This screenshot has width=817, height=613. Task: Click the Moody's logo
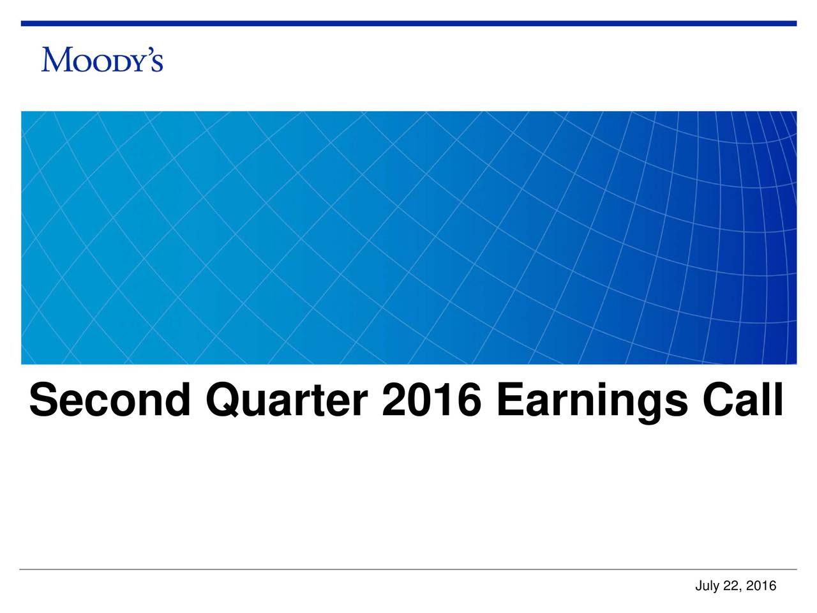[x=102, y=59]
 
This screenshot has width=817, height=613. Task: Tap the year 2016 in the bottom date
[x=762, y=586]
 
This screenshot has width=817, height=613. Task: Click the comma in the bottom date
[x=740, y=590]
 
